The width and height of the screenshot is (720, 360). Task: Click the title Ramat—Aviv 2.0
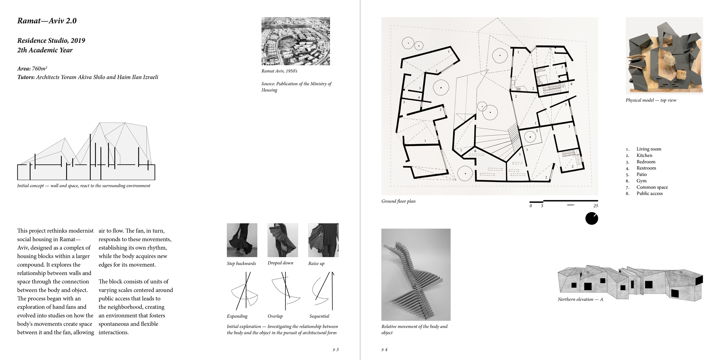tap(47, 21)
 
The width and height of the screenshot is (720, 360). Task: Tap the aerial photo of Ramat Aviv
tap(296, 41)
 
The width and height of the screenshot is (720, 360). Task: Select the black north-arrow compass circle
tap(591, 219)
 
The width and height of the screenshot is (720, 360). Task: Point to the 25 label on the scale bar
tap(595, 206)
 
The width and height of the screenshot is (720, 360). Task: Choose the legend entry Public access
tap(649, 193)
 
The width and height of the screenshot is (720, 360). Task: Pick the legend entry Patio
tap(642, 174)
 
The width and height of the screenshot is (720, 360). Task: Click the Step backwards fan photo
tap(242, 240)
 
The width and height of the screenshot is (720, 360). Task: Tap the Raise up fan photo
tap(323, 240)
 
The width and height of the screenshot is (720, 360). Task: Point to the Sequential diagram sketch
tap(323, 291)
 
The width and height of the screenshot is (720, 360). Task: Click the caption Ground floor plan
tap(398, 201)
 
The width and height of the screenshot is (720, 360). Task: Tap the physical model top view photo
tap(664, 56)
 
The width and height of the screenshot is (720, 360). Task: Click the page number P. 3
tap(336, 350)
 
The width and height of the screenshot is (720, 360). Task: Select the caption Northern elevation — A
tap(580, 299)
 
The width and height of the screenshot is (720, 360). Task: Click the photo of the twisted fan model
tap(416, 275)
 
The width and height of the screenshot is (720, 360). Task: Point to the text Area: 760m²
tap(32, 68)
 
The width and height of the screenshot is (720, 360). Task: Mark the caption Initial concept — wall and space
tap(84, 186)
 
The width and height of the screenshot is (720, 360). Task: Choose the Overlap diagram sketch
tap(285, 291)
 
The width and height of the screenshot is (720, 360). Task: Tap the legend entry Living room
tap(649, 149)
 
